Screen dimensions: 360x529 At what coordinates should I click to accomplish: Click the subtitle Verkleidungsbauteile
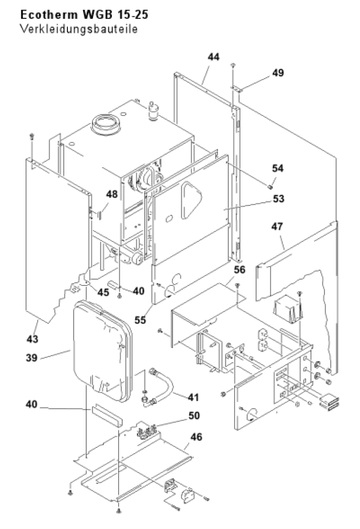79,29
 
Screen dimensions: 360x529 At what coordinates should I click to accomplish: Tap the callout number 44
213,57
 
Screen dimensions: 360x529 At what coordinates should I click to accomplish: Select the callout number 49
278,73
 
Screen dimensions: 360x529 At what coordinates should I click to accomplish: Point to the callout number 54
278,168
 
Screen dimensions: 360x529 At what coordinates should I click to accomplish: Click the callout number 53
278,199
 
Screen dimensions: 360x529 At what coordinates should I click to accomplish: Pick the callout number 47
277,226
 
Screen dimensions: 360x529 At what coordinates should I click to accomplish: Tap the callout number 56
240,270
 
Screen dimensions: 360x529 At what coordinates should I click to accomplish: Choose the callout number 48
112,194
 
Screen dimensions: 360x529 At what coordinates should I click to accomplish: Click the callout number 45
103,292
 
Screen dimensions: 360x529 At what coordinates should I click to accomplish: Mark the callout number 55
140,320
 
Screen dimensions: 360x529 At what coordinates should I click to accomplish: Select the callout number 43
32,339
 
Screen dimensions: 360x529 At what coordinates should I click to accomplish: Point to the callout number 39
32,358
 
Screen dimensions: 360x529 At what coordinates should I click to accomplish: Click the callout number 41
193,397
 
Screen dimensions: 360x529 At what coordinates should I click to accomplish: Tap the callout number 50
194,416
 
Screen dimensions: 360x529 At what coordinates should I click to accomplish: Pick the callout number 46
196,437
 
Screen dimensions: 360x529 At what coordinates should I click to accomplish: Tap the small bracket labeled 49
237,89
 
